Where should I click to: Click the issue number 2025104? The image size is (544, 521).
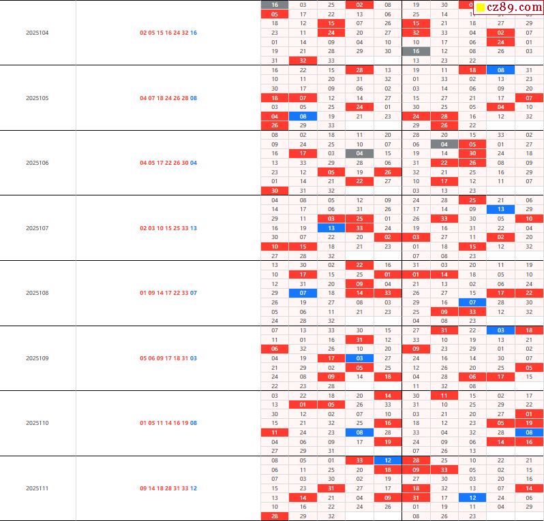tap(37, 33)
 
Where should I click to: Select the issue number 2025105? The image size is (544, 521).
tap(37, 98)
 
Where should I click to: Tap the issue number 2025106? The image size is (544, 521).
tap(37, 163)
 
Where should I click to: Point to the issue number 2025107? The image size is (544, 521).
tap(37, 228)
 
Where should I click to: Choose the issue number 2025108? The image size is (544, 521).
tap(37, 293)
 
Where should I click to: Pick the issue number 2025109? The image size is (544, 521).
tap(37, 358)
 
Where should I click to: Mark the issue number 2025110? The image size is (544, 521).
tap(37, 423)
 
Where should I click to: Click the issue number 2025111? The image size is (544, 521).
tap(37, 488)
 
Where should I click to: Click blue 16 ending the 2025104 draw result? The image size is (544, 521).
tap(194, 33)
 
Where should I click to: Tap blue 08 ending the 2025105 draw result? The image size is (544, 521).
tap(194, 98)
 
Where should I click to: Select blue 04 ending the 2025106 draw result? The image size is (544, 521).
tap(194, 163)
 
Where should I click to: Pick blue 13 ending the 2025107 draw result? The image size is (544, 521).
tap(194, 228)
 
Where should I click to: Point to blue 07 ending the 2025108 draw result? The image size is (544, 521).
tap(194, 293)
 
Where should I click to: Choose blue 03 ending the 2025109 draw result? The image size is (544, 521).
tap(194, 358)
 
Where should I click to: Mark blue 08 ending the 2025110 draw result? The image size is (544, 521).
tap(194, 423)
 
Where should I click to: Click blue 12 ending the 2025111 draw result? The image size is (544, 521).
tap(194, 488)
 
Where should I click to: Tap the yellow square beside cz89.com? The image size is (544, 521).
tap(480, 8)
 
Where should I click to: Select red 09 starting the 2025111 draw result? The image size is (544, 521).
tap(143, 488)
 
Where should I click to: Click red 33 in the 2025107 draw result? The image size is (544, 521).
tap(185, 228)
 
